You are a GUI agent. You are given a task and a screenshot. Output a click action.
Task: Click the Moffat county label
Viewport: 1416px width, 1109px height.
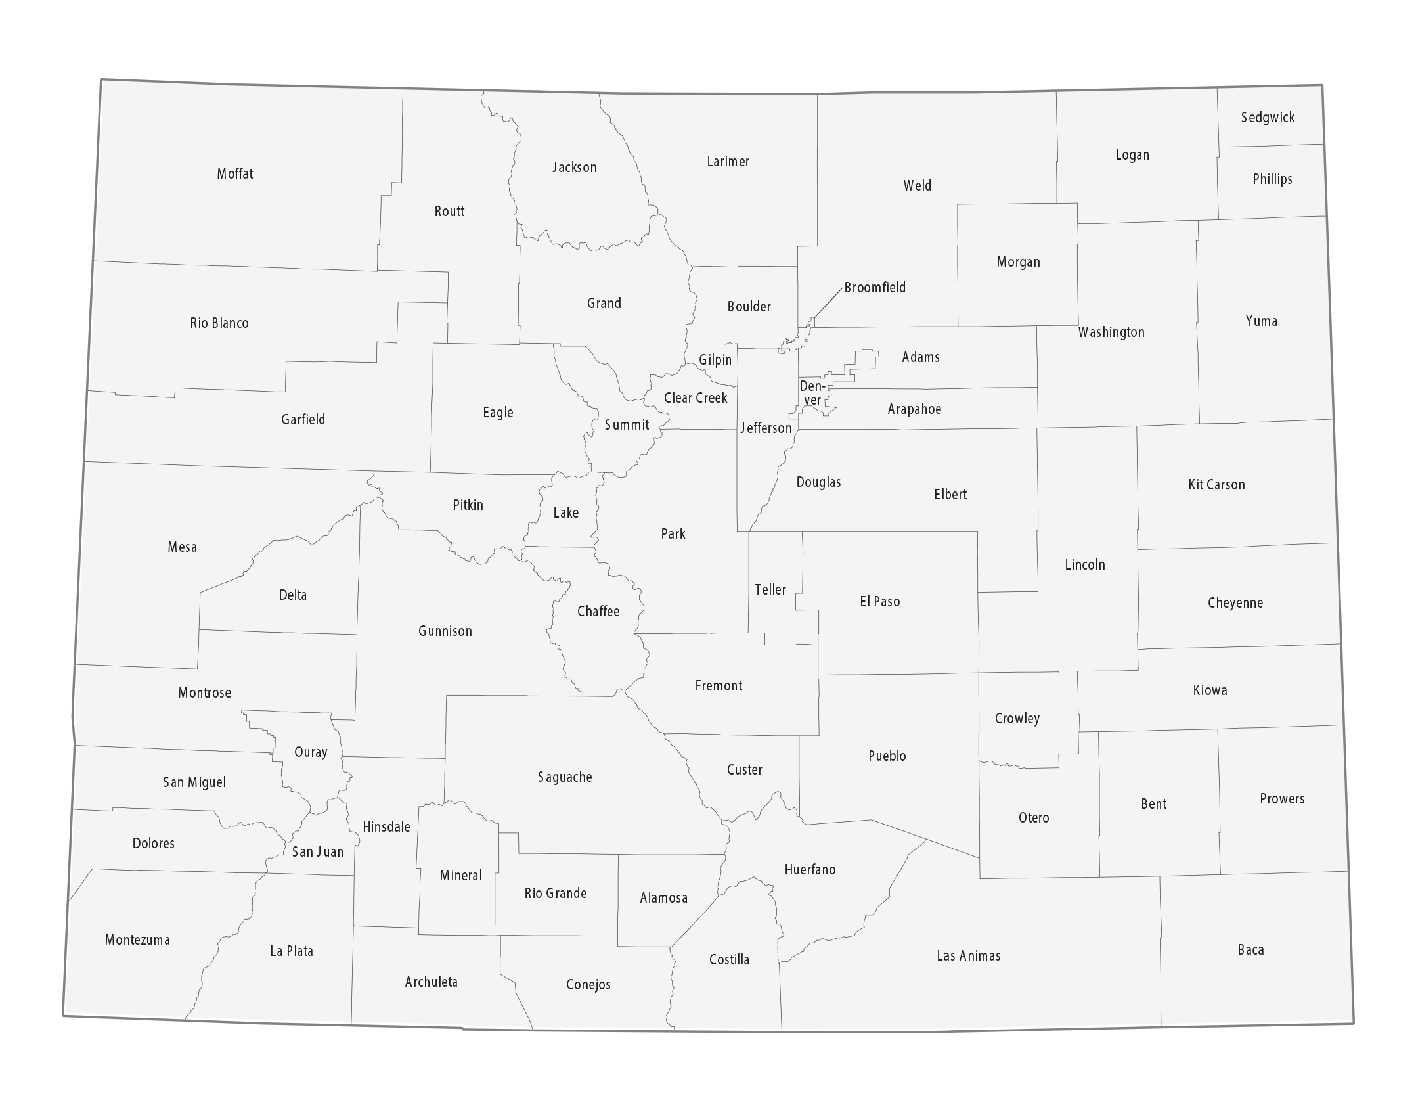235,174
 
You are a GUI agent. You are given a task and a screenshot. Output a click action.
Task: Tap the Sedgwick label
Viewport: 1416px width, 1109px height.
1268,118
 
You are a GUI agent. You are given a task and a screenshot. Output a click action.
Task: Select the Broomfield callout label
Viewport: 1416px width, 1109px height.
875,288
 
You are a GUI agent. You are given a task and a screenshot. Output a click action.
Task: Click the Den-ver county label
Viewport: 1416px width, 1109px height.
812,393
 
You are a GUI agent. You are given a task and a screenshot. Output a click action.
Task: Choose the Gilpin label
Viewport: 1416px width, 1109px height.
715,360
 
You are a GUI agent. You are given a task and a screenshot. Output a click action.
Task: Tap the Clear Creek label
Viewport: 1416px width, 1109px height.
696,398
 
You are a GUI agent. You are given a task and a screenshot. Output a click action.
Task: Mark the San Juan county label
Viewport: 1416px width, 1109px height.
318,852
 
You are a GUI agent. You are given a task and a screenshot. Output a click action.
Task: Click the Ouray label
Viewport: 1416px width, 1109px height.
311,752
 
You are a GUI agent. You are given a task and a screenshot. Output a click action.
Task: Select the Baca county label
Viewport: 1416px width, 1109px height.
1250,950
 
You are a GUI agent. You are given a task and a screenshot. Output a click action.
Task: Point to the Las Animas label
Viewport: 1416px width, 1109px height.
969,956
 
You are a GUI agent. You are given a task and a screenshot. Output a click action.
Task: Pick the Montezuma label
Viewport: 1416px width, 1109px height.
137,940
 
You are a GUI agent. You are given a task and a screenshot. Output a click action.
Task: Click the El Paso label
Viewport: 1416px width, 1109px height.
880,602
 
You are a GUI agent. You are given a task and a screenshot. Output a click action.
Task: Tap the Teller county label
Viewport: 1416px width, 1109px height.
770,590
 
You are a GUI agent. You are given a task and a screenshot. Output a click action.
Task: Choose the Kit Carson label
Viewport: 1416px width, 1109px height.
1216,485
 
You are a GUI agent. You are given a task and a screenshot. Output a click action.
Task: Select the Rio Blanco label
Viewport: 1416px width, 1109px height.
219,323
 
